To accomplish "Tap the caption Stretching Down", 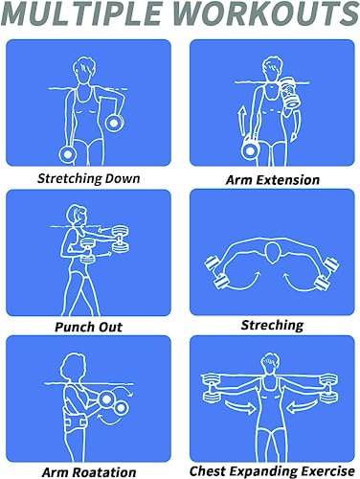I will pos(88,178).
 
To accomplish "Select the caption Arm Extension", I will pos(272,179).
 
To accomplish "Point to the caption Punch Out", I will pos(88,326).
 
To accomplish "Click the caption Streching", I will pos(273,325).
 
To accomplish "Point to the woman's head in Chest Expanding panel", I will pos(272,362).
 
